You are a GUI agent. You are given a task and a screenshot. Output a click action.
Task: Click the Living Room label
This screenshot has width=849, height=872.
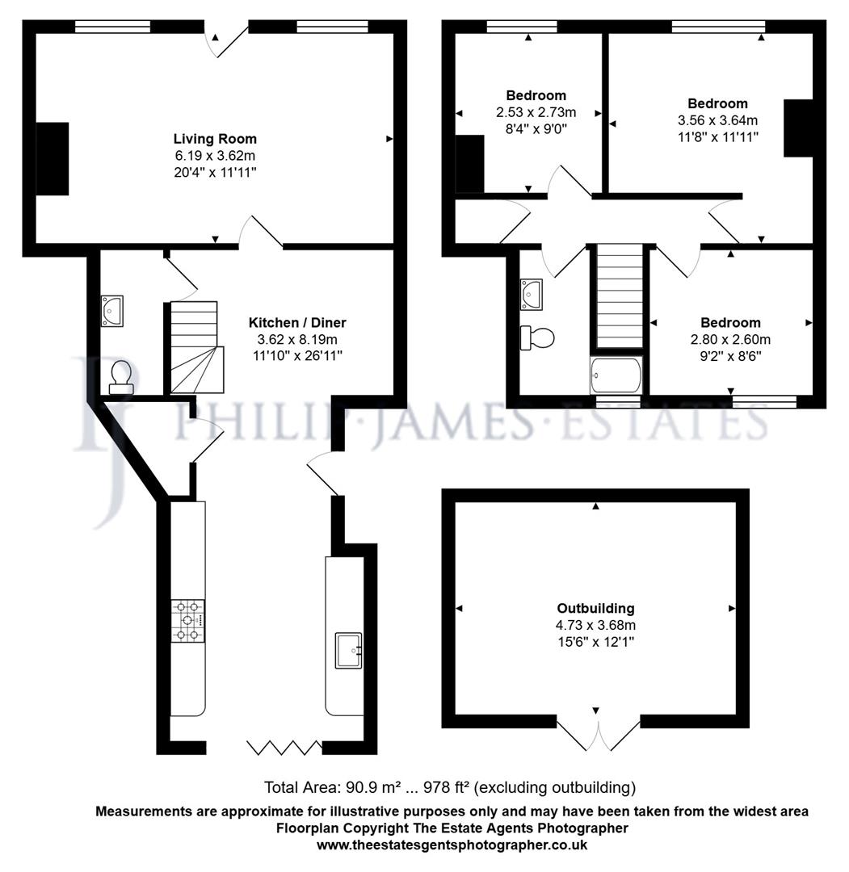click(215, 139)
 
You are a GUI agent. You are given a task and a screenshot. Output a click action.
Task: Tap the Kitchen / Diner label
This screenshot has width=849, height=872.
click(296, 322)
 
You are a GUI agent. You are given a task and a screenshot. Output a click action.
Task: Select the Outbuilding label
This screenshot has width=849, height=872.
click(595, 608)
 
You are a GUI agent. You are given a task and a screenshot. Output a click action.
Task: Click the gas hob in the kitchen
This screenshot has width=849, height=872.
click(187, 621)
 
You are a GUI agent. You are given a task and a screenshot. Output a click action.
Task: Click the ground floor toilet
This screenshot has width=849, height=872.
click(121, 376)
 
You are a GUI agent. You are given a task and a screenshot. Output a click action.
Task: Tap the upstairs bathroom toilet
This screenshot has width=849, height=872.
click(537, 337)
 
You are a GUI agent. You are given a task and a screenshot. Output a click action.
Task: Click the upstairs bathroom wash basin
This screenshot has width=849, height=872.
click(532, 293)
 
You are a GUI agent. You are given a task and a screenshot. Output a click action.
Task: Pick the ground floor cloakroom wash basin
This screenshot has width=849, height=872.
click(111, 309)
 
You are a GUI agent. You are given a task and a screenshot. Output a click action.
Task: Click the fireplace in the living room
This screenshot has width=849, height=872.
click(52, 158)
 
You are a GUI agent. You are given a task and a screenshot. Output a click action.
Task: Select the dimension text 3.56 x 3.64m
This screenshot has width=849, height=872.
click(717, 120)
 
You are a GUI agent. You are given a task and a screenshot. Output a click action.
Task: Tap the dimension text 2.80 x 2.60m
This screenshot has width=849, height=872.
click(729, 339)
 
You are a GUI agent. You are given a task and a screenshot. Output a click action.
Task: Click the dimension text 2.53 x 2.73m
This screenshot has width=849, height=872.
click(536, 111)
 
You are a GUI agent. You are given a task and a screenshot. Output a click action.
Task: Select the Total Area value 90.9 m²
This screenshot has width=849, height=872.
click(369, 787)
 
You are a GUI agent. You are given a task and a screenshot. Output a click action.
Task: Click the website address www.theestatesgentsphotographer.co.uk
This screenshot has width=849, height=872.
click(452, 845)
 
